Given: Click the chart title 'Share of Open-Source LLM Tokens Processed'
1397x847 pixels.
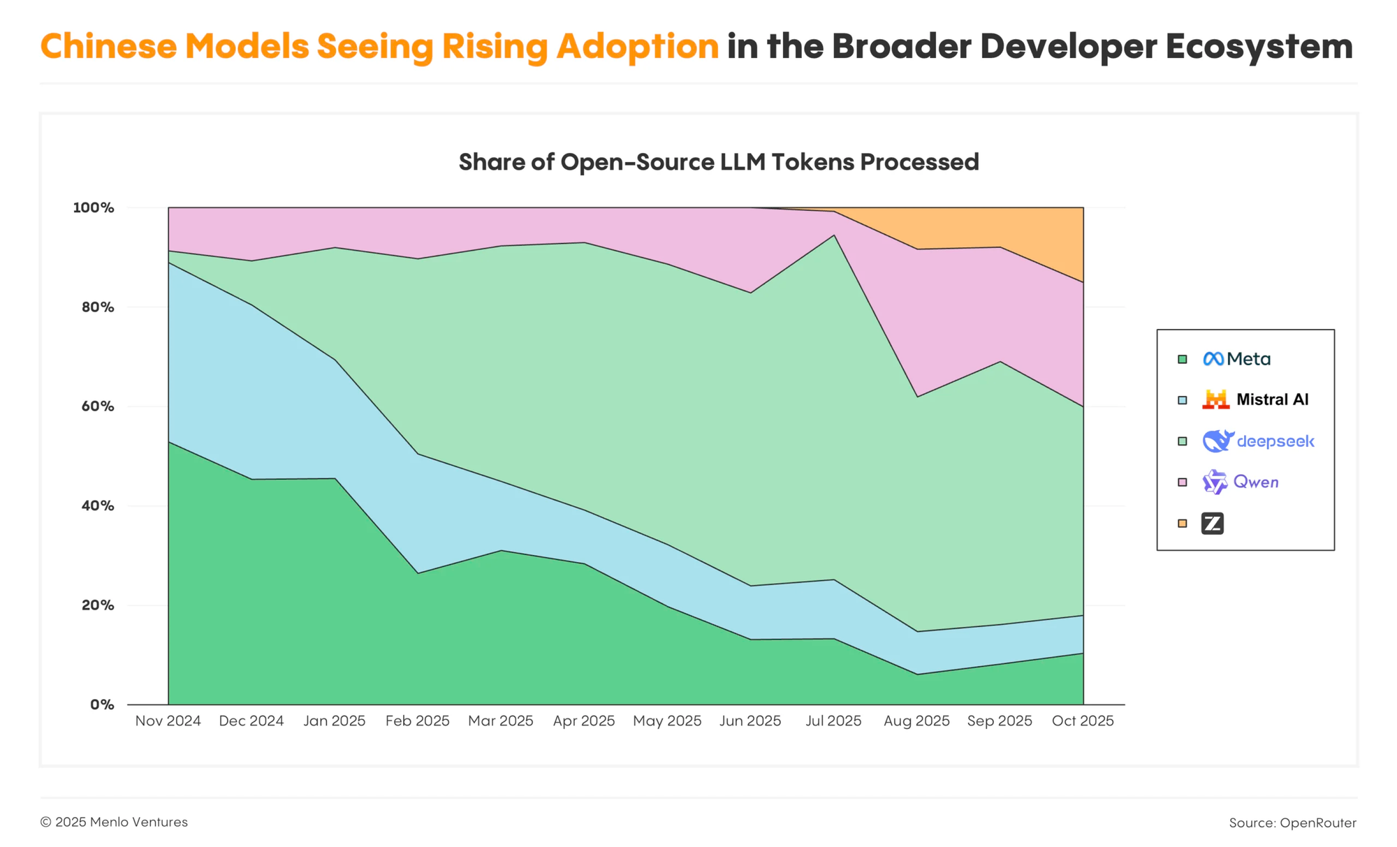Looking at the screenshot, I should (x=718, y=162).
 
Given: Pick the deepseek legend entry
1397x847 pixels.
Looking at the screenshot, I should (x=1258, y=441).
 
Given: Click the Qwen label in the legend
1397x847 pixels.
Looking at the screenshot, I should (x=1255, y=482).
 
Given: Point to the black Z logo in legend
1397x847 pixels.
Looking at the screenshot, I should (x=1213, y=523).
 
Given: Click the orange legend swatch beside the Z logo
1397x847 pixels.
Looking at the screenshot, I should (x=1182, y=523).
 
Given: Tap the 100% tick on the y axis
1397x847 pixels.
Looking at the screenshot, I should (x=94, y=207).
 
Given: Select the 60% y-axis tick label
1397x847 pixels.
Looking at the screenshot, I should (x=97, y=406).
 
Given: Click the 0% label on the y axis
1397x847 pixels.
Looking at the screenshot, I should (x=101, y=705).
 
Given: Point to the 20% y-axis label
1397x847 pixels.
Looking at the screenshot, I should (x=97, y=605).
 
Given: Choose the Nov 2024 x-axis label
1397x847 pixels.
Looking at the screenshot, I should (x=168, y=721).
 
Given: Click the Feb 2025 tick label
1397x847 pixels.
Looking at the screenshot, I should (x=418, y=721).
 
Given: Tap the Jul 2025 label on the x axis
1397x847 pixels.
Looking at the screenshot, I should (x=833, y=721).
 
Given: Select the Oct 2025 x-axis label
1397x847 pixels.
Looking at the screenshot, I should (x=1083, y=721).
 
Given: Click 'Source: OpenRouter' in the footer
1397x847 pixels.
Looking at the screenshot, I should (x=1292, y=823).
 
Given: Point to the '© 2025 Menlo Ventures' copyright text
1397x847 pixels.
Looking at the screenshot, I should (x=114, y=822).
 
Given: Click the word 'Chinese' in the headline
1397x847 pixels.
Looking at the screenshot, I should (x=108, y=47).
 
